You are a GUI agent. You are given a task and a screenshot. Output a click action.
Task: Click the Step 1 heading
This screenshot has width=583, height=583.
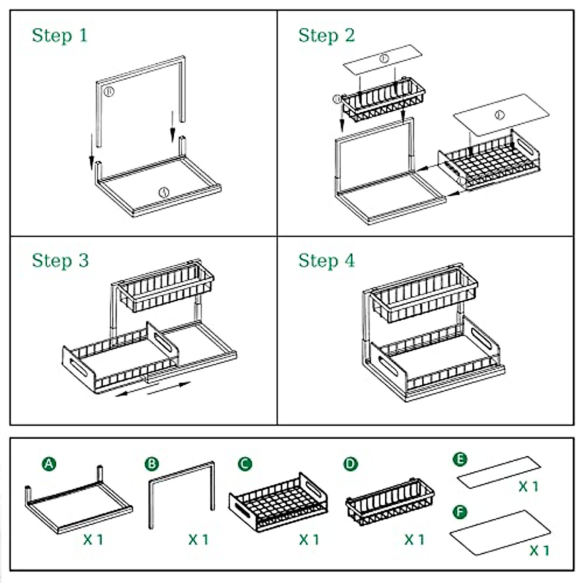(x=60, y=35)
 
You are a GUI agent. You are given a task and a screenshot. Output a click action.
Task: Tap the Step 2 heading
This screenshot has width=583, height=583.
(x=326, y=35)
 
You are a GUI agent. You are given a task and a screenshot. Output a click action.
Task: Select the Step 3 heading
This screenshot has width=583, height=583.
(x=60, y=260)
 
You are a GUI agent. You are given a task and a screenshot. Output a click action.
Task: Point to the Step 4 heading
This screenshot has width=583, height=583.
(x=326, y=260)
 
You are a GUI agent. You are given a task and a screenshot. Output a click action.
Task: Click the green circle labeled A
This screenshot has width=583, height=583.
(x=49, y=464)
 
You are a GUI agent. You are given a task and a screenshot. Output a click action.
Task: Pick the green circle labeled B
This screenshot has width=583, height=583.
(x=152, y=464)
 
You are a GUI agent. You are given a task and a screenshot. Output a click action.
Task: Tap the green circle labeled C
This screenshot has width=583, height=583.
(x=245, y=464)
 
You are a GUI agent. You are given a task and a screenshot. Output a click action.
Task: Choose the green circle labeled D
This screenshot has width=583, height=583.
(x=350, y=464)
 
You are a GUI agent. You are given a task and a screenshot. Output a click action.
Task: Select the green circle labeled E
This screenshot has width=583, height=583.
(x=460, y=460)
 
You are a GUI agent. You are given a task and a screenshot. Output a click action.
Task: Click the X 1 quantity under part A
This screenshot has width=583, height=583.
(x=93, y=539)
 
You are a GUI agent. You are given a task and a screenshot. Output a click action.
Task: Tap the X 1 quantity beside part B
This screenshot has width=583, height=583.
(x=198, y=539)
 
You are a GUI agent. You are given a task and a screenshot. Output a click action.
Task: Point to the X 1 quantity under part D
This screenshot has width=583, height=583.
(x=414, y=539)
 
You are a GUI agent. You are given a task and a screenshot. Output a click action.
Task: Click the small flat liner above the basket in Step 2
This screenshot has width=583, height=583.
(x=382, y=60)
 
